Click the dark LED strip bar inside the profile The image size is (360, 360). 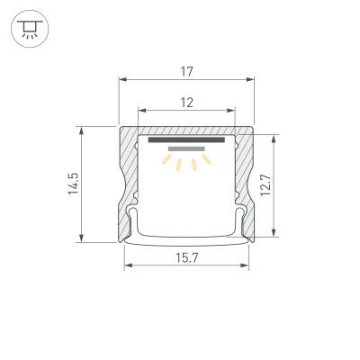[x=186, y=140]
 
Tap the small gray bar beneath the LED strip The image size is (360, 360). [x=186, y=151]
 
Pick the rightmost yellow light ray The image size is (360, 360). [x=206, y=160]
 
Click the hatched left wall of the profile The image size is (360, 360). [x=128, y=180]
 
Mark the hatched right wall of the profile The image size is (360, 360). [x=243, y=180]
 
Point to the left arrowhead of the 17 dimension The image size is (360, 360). [x=122, y=79]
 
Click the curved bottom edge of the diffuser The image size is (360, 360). [x=186, y=243]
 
